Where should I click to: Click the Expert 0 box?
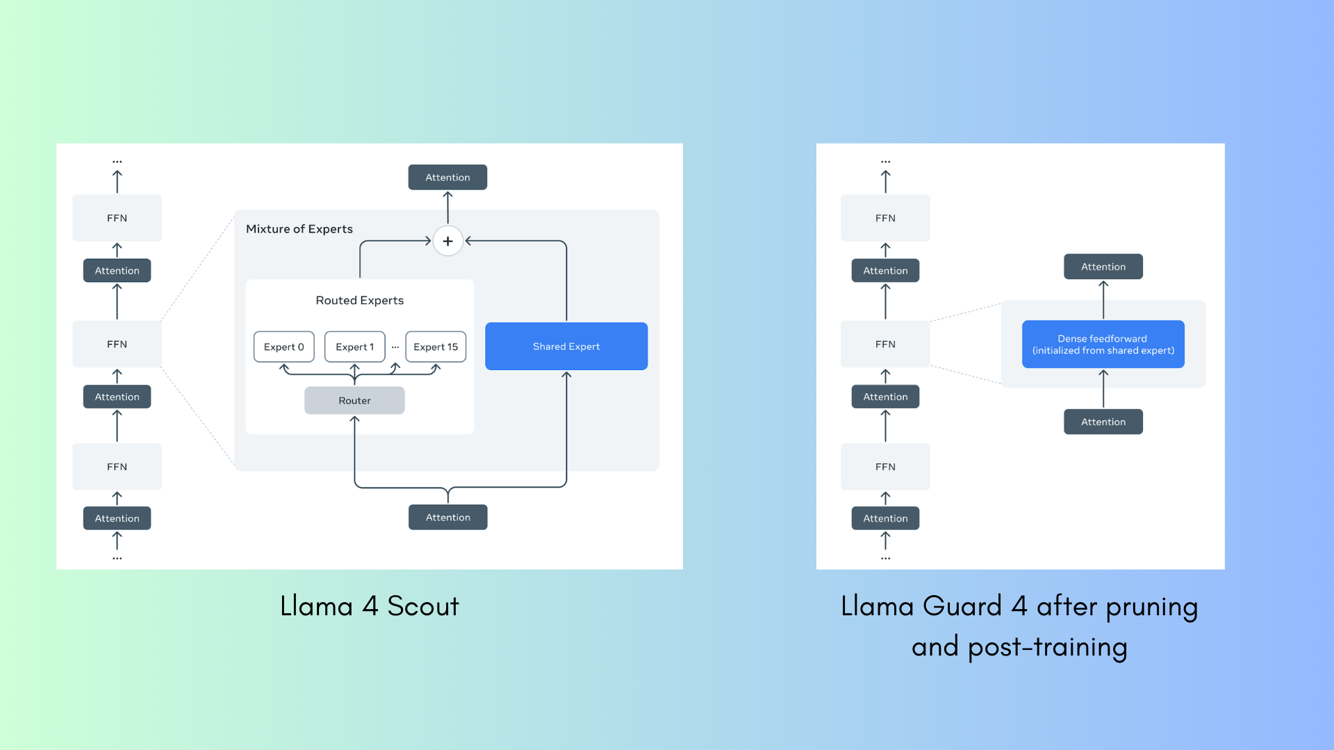coord(283,347)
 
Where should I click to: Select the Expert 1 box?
coord(354,347)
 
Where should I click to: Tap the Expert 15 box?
coord(436,347)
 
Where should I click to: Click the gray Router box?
coord(354,401)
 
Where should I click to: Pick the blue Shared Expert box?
coord(566,346)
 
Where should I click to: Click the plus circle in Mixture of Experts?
coord(448,241)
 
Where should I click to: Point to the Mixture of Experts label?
coord(299,229)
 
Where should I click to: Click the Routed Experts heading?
coord(359,300)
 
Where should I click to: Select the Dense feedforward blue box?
coord(1103,344)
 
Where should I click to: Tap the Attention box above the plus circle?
coord(447,177)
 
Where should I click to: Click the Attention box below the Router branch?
coord(447,517)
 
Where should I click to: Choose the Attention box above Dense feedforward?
coord(1103,267)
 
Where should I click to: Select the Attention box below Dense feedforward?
coord(1103,422)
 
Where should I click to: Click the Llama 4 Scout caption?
coord(369,606)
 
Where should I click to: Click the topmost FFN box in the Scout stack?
coord(117,218)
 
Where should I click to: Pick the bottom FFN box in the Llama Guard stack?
coord(885,467)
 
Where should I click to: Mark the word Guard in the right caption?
coord(962,606)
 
